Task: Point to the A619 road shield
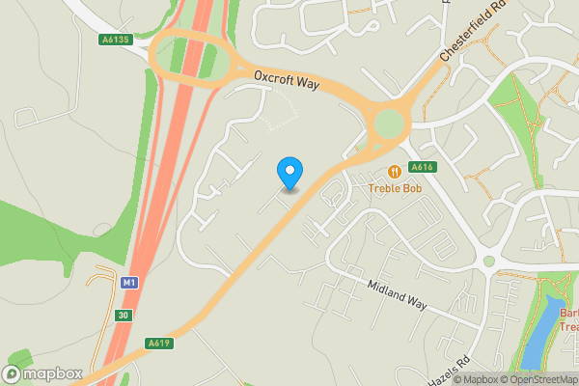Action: point(159,343)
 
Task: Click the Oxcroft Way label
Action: point(287,80)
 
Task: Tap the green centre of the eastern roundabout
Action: point(388,124)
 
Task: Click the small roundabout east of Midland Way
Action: point(489,261)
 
